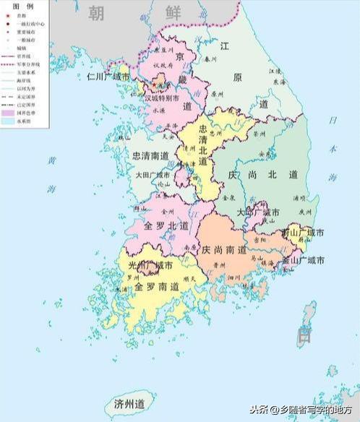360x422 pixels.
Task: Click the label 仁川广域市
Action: [108, 76]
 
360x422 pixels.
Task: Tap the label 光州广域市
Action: [150, 266]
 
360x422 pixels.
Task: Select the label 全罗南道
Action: [153, 286]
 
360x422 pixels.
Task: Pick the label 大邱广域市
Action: [259, 212]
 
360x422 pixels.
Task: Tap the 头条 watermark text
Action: [259, 409]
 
